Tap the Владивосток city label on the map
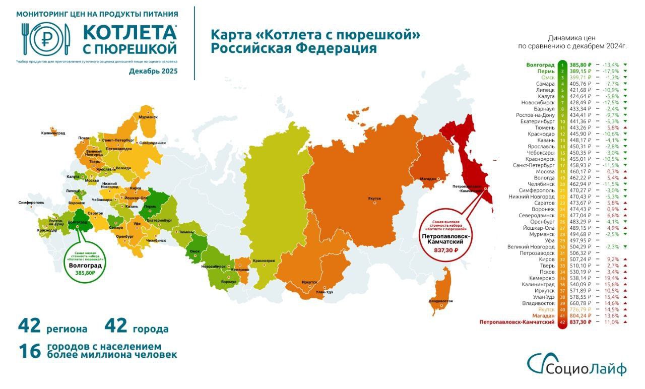(x=441, y=301)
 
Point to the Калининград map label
(x=53, y=133)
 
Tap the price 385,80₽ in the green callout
(x=82, y=273)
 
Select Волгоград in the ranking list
(x=540, y=65)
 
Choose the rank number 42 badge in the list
(x=563, y=321)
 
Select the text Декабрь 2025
(x=153, y=71)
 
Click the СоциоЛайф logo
(x=576, y=365)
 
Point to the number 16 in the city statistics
(x=29, y=351)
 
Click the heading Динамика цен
(x=571, y=38)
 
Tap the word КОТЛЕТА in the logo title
(x=130, y=32)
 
